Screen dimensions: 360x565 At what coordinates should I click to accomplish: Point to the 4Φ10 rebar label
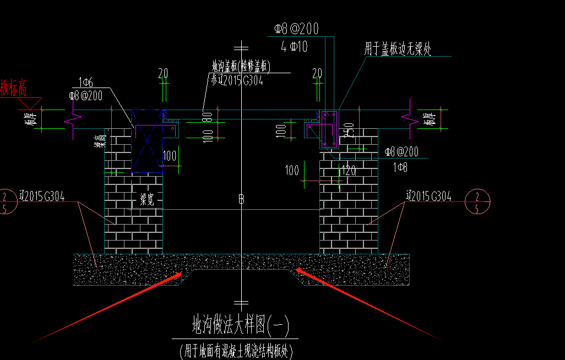(x=294, y=47)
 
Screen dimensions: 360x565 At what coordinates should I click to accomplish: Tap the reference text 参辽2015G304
(x=237, y=80)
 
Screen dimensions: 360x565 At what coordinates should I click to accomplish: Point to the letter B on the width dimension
(x=241, y=199)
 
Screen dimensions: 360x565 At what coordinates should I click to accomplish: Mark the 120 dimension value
(x=349, y=171)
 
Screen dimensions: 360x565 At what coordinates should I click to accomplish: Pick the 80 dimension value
(x=208, y=117)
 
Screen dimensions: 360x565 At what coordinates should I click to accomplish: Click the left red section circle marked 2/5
(x=6, y=203)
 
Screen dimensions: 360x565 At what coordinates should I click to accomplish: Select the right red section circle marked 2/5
(x=477, y=202)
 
